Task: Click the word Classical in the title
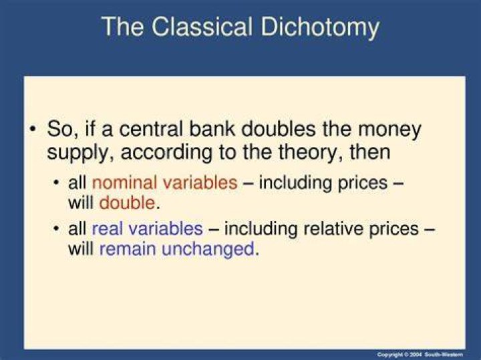202,26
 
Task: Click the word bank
211,129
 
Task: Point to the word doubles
278,129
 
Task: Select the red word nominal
125,183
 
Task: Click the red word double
127,202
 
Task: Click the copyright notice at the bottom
420,355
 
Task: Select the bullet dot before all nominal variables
56,183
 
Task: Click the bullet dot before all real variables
56,229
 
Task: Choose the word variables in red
200,183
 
